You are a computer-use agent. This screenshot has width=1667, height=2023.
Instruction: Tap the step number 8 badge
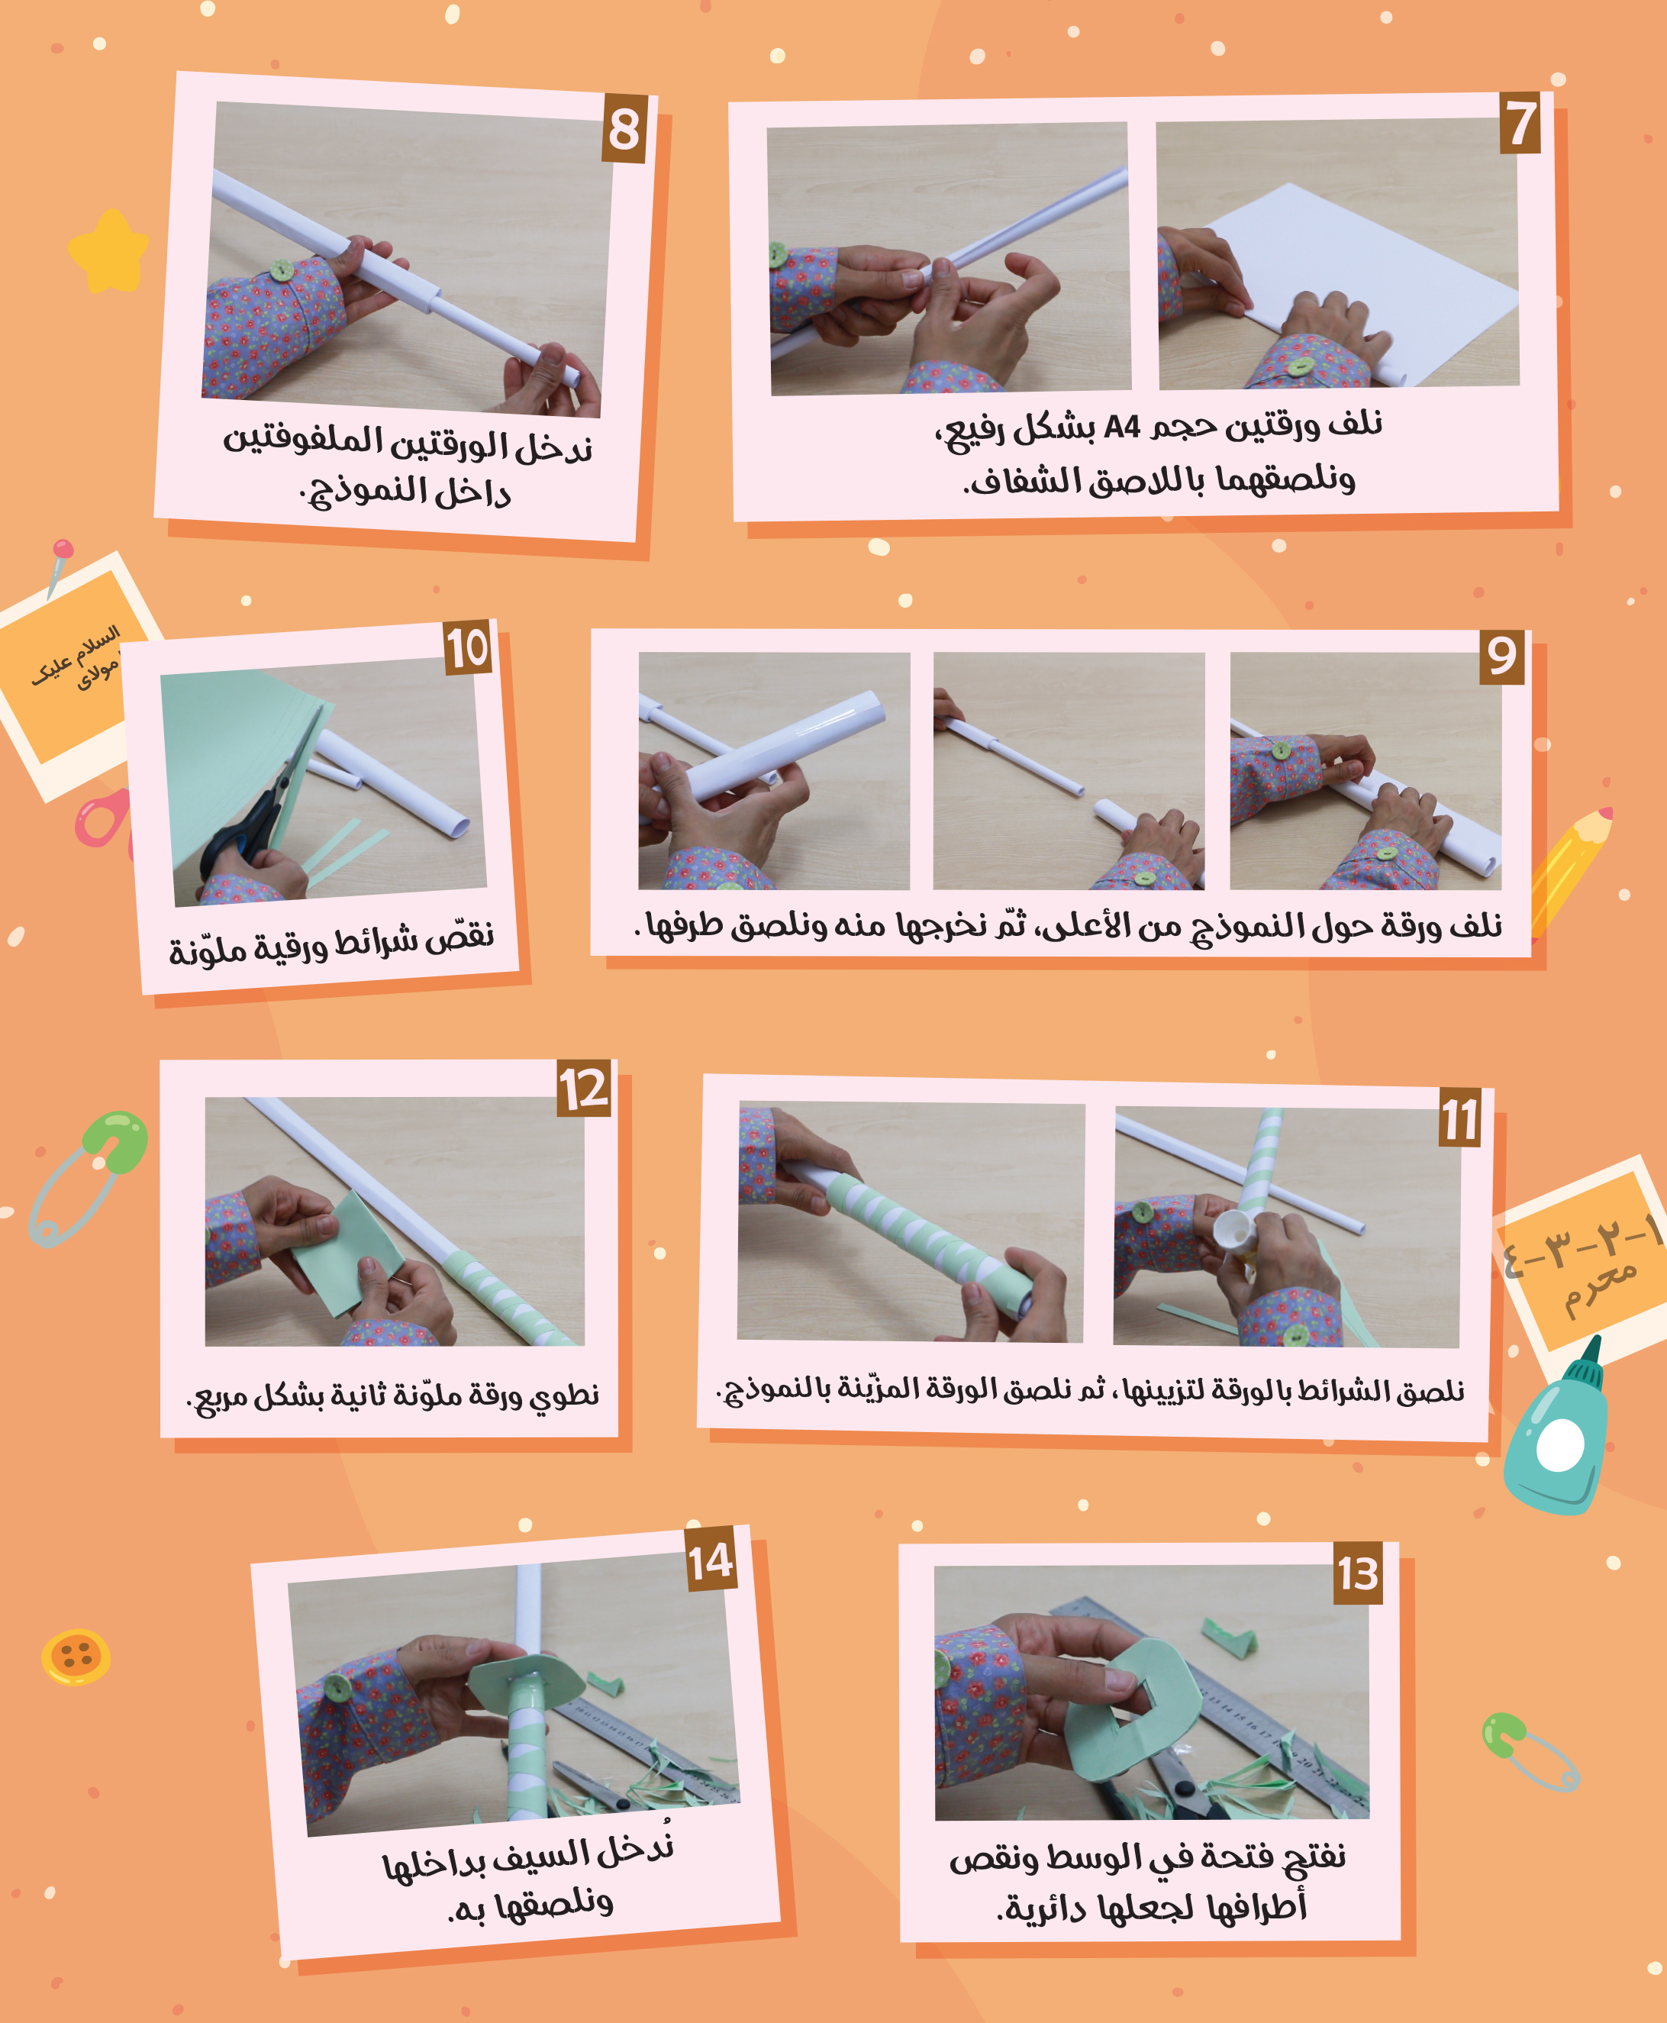click(625, 129)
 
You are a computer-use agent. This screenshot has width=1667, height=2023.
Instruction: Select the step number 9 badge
click(1502, 657)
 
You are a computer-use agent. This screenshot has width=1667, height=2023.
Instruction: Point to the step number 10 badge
click(468, 647)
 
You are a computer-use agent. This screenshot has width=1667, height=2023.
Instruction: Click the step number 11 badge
click(1459, 1118)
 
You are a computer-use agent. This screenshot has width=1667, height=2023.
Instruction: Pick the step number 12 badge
click(584, 1088)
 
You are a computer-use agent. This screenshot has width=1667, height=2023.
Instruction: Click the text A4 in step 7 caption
click(1121, 425)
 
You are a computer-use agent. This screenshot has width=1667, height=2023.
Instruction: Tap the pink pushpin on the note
click(60, 566)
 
